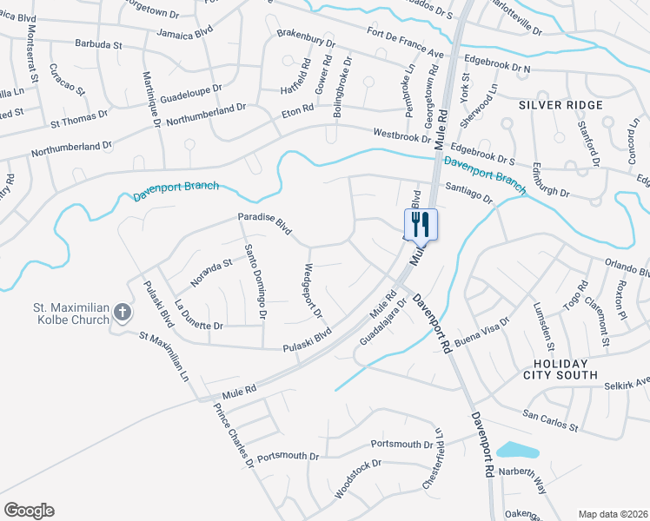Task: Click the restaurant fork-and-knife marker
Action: point(421,224)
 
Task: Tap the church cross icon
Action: point(123,312)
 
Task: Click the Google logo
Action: point(29,511)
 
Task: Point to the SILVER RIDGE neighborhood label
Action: point(560,105)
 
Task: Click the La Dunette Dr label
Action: point(199,316)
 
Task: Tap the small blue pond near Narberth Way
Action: point(517,451)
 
